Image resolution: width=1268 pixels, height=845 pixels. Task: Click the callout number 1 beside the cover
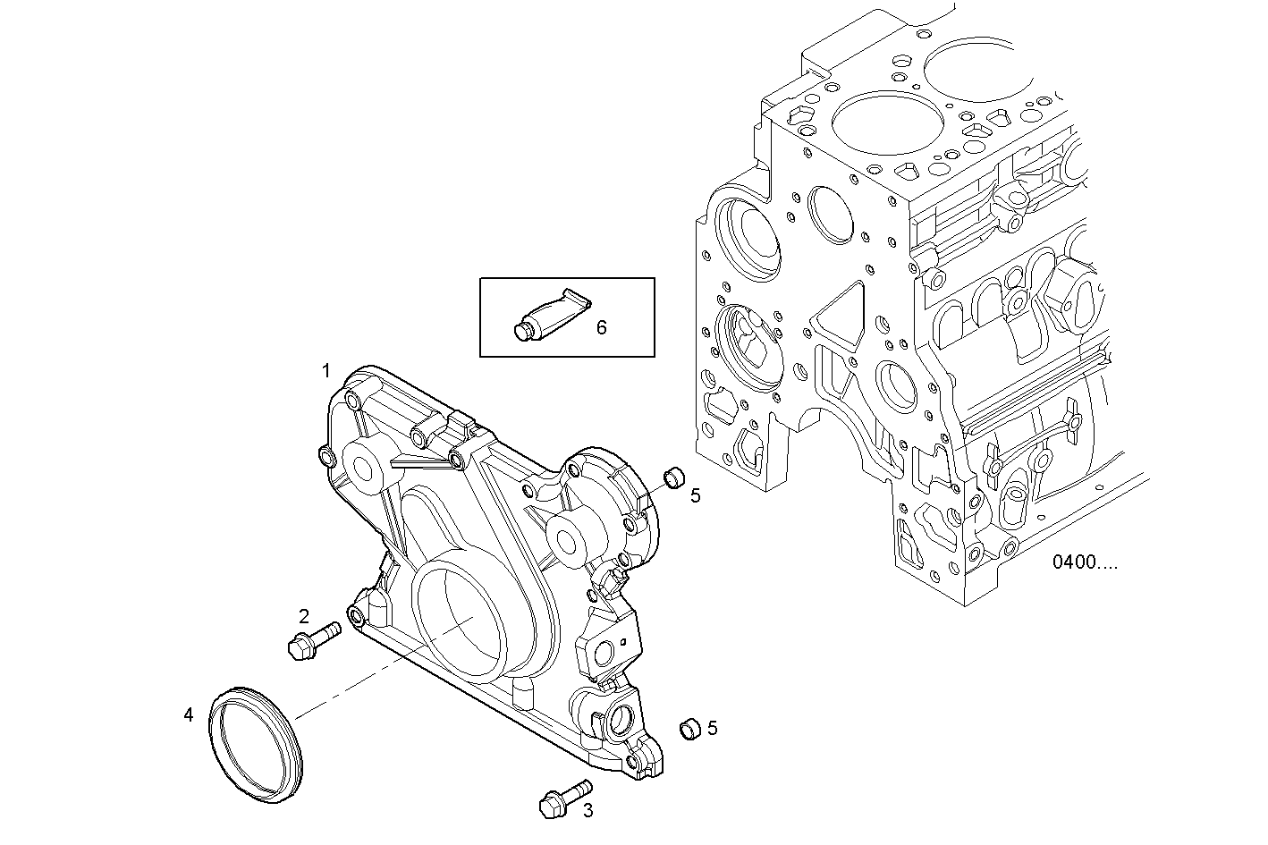[x=326, y=370]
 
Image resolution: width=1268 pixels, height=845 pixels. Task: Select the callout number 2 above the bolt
[x=304, y=615]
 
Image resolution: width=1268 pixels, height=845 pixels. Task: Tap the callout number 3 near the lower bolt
[x=588, y=811]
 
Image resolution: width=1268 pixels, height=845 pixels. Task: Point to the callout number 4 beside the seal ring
[x=188, y=714]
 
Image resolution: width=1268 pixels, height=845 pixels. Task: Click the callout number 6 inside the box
[x=601, y=328]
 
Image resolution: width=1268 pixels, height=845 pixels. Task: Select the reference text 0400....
[x=1084, y=562]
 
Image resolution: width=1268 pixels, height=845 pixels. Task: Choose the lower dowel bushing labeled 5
[x=689, y=728]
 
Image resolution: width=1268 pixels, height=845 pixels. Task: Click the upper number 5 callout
[x=695, y=495]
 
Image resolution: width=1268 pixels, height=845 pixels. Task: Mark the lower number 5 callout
[x=713, y=728]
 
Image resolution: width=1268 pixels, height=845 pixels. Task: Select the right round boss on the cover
[x=566, y=540]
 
